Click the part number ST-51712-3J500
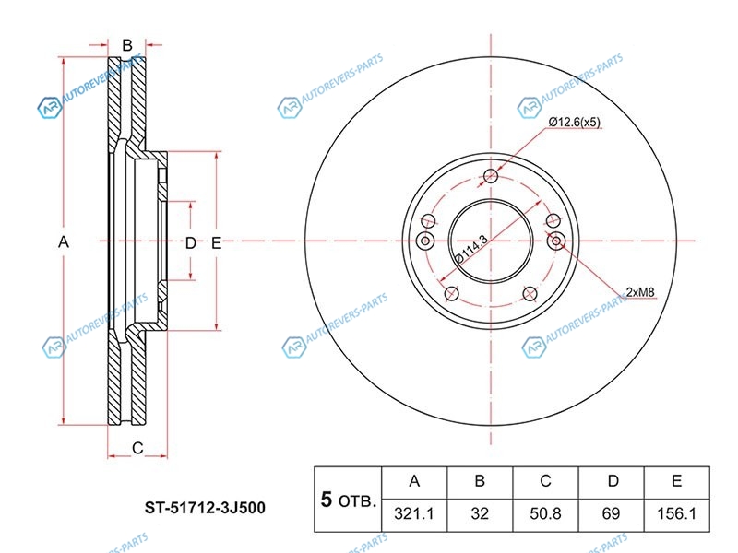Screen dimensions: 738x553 click(205, 508)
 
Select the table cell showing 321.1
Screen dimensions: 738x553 click(414, 514)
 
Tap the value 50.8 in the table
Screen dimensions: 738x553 click(545, 514)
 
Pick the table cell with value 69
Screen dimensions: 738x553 click(611, 514)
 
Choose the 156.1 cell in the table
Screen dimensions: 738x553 click(677, 514)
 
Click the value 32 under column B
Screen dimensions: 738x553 click(480, 514)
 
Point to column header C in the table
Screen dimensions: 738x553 click(545, 481)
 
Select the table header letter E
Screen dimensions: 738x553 click(677, 481)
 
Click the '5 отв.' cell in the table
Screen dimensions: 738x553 click(349, 500)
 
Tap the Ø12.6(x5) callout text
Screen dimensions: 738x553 click(575, 123)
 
